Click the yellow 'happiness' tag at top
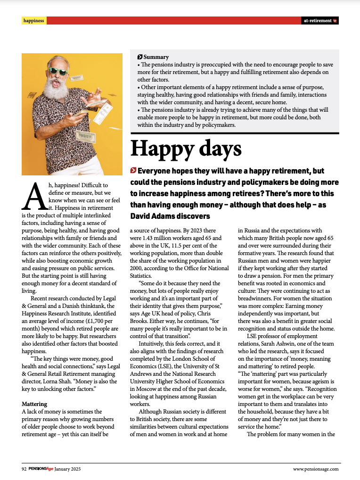click(34, 21)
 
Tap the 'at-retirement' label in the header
click(317, 21)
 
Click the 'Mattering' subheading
click(34, 404)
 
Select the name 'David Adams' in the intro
click(153, 216)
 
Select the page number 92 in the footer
click(24, 469)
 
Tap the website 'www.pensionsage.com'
click(315, 469)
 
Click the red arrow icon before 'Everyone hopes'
click(133, 170)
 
